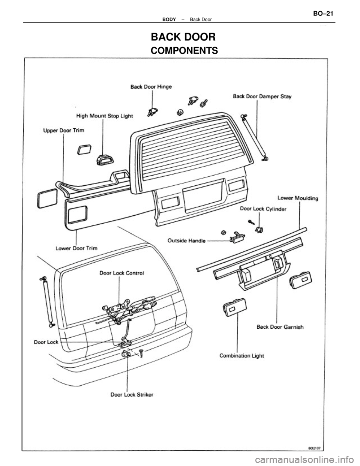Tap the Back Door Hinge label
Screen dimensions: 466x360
click(x=151, y=86)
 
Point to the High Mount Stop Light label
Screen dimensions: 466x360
click(x=104, y=116)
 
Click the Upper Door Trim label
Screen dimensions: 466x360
click(x=63, y=131)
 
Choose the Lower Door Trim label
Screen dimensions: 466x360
click(x=76, y=248)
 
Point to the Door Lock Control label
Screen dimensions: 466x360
click(x=121, y=273)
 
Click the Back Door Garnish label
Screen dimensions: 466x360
click(x=280, y=326)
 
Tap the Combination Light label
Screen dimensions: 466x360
click(x=241, y=356)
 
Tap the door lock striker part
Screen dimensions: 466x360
click(x=126, y=354)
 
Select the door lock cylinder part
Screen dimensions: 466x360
click(x=258, y=229)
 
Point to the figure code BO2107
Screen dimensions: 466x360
click(x=315, y=447)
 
